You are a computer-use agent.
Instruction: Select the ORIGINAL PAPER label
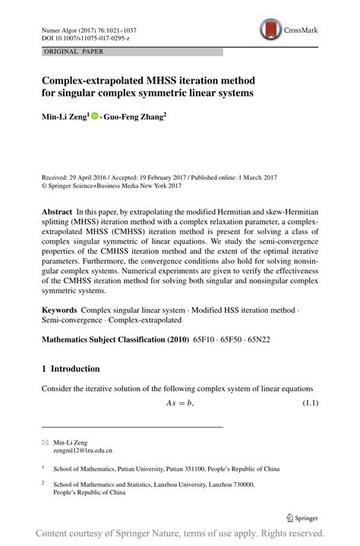click(x=64, y=52)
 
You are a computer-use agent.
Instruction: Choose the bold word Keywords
click(x=60, y=311)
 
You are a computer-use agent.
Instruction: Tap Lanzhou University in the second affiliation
click(x=208, y=484)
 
